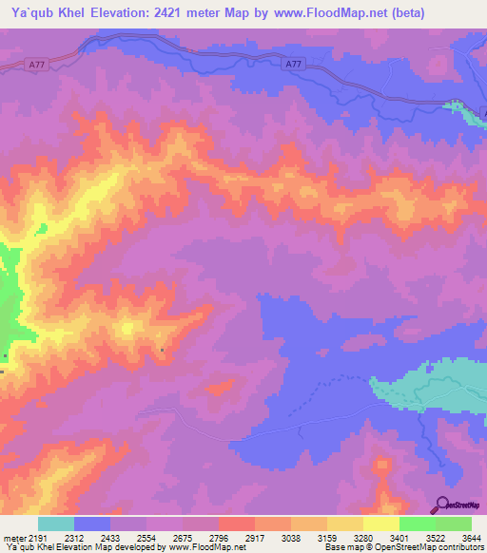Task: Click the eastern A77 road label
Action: click(295, 64)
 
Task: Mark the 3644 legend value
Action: click(471, 537)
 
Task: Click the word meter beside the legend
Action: click(13, 537)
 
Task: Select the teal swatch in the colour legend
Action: click(55, 524)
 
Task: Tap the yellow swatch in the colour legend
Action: click(380, 524)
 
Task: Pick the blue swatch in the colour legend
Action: click(91, 524)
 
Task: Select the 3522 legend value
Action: click(435, 537)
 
